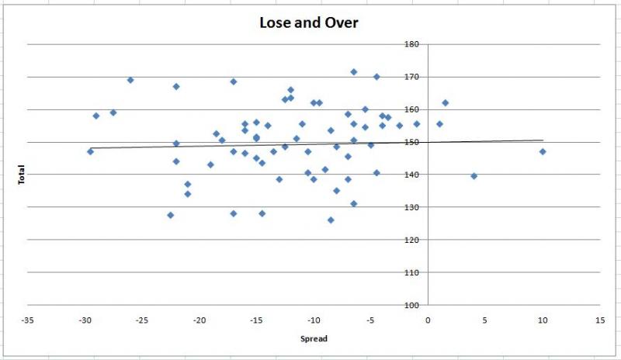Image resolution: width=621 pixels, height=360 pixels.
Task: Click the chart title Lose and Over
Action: pyautogui.click(x=309, y=22)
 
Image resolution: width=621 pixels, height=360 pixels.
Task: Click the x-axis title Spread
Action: pyautogui.click(x=314, y=338)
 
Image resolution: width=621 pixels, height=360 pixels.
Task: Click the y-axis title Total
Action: pyautogui.click(x=22, y=175)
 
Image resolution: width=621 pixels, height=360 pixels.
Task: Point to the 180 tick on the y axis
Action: pyautogui.click(x=411, y=44)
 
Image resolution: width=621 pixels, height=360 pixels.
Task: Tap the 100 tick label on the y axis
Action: pyautogui.click(x=411, y=305)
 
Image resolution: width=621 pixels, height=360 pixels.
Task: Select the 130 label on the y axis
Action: pyautogui.click(x=411, y=207)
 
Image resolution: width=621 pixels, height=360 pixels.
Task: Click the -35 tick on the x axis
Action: pyautogui.click(x=27, y=320)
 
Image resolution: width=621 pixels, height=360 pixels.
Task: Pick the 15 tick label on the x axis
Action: pyautogui.click(x=600, y=320)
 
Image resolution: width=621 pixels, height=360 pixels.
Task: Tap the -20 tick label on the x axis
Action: pyautogui.click(x=199, y=320)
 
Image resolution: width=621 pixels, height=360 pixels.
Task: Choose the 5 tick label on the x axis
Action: pyautogui.click(x=485, y=320)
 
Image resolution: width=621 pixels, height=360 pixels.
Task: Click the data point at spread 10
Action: pyautogui.click(x=543, y=152)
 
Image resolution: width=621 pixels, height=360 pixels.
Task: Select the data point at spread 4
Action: pyautogui.click(x=474, y=176)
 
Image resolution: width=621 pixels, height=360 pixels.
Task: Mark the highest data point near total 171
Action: pyautogui.click(x=354, y=72)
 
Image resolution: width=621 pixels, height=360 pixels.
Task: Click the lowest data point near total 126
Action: pyautogui.click(x=331, y=220)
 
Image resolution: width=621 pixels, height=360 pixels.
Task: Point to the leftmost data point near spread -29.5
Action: pyautogui.click(x=90, y=152)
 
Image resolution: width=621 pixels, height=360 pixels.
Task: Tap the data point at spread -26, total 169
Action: pyautogui.click(x=130, y=80)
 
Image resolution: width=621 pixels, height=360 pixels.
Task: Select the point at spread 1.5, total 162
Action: pyautogui.click(x=445, y=103)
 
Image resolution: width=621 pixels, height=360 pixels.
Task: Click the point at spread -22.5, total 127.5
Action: pyautogui.click(x=170, y=215)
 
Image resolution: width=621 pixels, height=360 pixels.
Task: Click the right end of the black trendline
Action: pyautogui.click(x=543, y=140)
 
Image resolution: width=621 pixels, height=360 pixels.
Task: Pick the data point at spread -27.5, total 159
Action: pyautogui.click(x=113, y=112)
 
